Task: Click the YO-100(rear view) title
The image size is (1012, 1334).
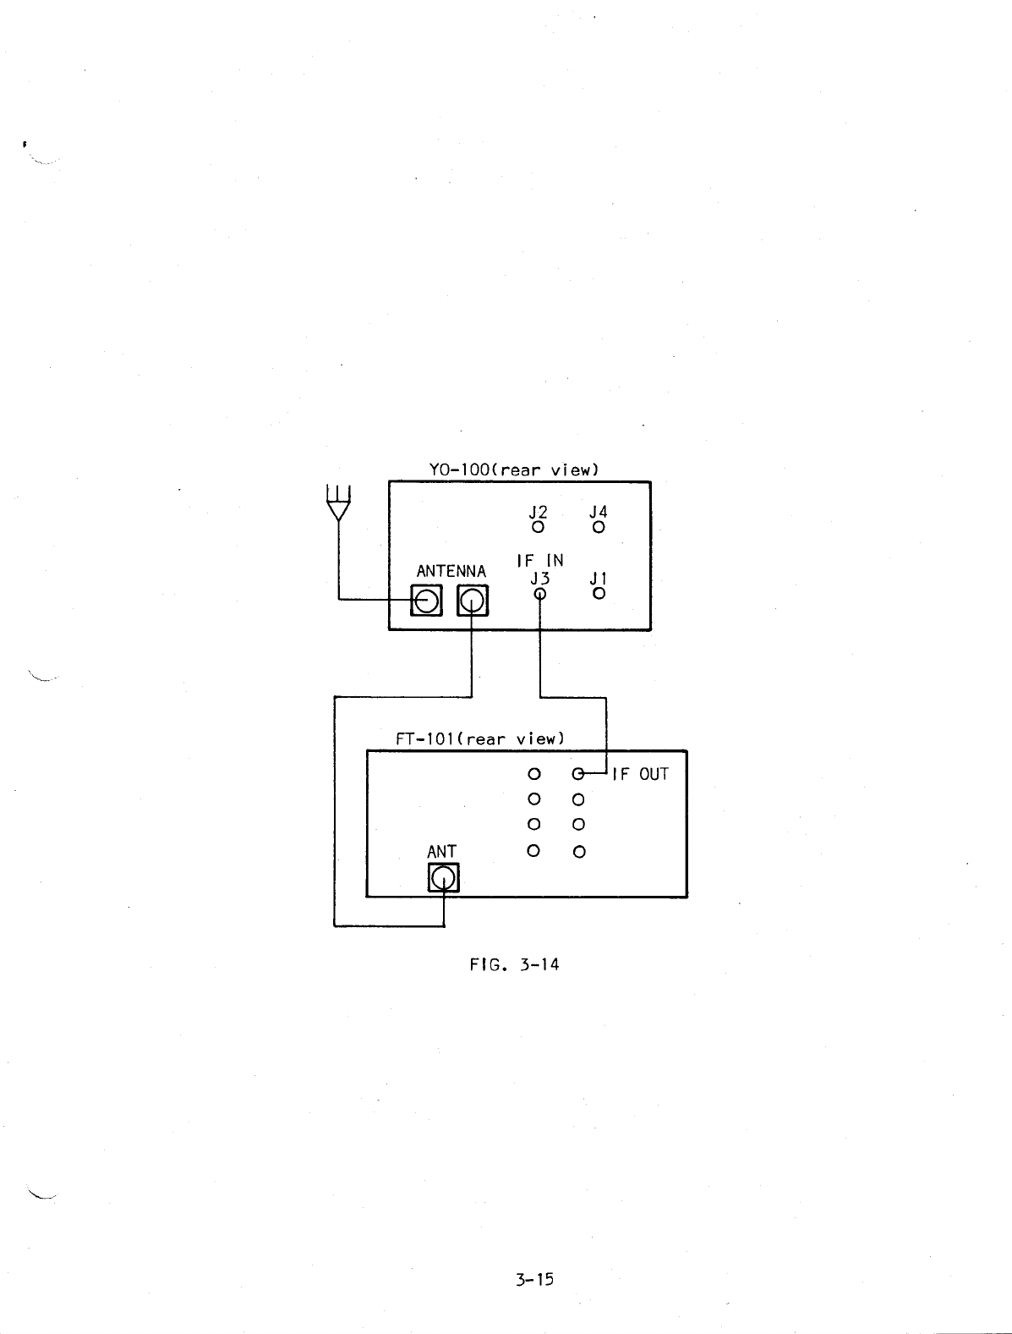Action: coord(514,469)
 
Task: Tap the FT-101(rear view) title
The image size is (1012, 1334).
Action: coord(479,738)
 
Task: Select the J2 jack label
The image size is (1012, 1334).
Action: coord(538,512)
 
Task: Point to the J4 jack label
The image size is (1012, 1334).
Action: coord(599,512)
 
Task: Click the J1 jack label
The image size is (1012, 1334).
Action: coord(599,579)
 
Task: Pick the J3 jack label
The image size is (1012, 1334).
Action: coord(539,579)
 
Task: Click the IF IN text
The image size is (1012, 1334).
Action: coord(539,560)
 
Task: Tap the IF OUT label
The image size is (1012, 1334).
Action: coord(640,774)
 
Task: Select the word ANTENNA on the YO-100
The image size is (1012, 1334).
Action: coord(451,571)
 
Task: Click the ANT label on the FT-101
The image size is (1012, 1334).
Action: coord(442,851)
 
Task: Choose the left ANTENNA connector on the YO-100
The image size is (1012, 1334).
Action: coord(426,601)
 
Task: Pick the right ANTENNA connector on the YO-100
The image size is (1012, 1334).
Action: coord(473,601)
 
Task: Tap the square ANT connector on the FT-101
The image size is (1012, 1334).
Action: coord(444,879)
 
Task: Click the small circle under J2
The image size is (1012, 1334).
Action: coord(538,527)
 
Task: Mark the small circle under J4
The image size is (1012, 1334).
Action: coord(599,527)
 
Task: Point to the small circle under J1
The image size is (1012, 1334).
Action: coord(599,593)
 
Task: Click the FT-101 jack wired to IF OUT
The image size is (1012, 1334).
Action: coord(578,774)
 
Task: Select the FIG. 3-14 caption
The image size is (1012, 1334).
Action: coord(514,963)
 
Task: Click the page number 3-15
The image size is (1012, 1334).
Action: coord(534,1279)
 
